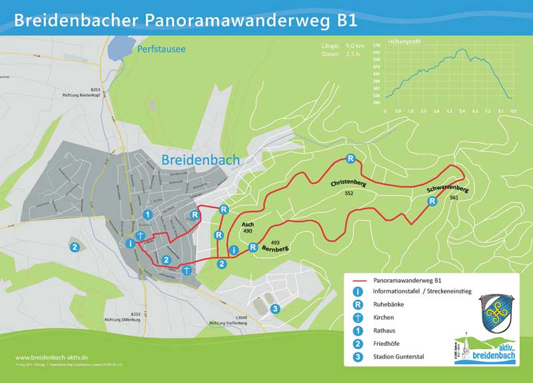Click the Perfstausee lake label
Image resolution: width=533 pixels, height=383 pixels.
click(161, 49)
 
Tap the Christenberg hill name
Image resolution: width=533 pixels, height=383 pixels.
click(348, 182)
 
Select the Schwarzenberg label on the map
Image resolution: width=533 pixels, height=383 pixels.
click(448, 190)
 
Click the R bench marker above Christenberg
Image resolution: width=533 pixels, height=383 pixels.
click(350, 158)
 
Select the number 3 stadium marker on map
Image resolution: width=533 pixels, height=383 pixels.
click(274, 309)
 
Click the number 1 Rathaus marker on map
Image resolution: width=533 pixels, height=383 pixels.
click(148, 215)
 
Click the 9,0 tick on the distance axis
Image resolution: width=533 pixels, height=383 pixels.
click(513, 111)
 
